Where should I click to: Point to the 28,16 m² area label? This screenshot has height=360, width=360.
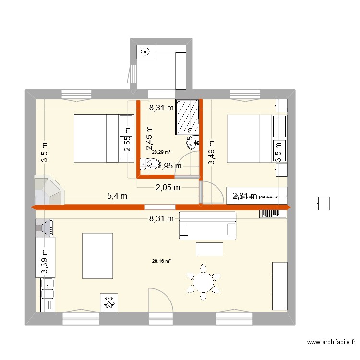click(x=161, y=261)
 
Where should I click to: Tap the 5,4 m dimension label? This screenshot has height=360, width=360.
click(x=117, y=196)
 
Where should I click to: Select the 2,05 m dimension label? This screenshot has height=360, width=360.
click(x=168, y=187)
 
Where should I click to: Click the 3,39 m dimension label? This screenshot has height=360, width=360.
click(x=45, y=262)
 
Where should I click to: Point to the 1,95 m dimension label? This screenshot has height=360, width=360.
click(x=170, y=166)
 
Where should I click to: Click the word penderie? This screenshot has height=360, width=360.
click(x=268, y=196)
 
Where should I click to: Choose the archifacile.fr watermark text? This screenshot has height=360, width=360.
click(x=331, y=342)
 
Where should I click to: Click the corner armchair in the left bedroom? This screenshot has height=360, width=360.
click(x=48, y=191)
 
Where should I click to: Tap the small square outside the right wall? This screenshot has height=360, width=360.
click(x=324, y=203)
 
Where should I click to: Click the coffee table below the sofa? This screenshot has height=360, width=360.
click(x=209, y=249)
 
